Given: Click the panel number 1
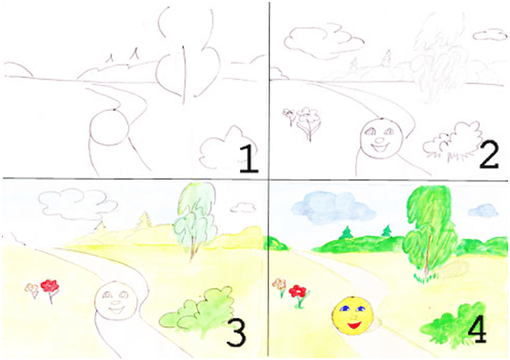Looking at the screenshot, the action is pyautogui.click(x=249, y=159).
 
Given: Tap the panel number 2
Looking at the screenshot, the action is pyautogui.click(x=489, y=156).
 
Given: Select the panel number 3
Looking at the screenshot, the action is pyautogui.click(x=236, y=333).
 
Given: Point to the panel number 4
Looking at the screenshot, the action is pyautogui.click(x=477, y=329).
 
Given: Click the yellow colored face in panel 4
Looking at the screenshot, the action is pyautogui.click(x=353, y=315).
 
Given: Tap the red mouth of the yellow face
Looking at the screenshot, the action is pyautogui.click(x=353, y=324).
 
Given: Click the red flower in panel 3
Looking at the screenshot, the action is pyautogui.click(x=49, y=286).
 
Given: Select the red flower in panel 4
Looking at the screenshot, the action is pyautogui.click(x=298, y=291).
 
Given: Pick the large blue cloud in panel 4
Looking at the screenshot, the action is pyautogui.click(x=333, y=206).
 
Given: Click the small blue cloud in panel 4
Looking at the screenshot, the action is pyautogui.click(x=483, y=211).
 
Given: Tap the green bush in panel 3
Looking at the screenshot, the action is pyautogui.click(x=197, y=312).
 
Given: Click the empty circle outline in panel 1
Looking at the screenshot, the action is pyautogui.click(x=109, y=127).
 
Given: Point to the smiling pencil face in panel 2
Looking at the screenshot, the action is pyautogui.click(x=382, y=138).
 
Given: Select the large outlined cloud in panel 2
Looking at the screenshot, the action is pyautogui.click(x=323, y=40).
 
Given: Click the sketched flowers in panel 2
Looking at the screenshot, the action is pyautogui.click(x=302, y=122).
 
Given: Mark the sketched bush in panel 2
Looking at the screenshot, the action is pyautogui.click(x=452, y=141).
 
